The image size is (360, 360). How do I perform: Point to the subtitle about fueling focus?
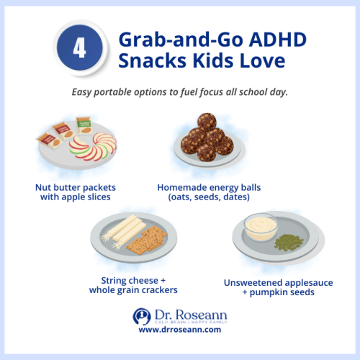click(x=180, y=92)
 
